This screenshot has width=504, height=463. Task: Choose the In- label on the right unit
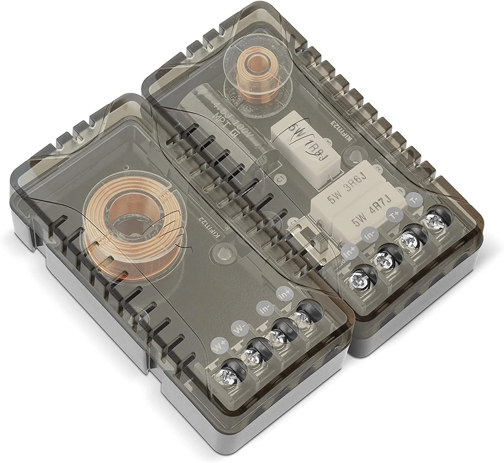[368, 236]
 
